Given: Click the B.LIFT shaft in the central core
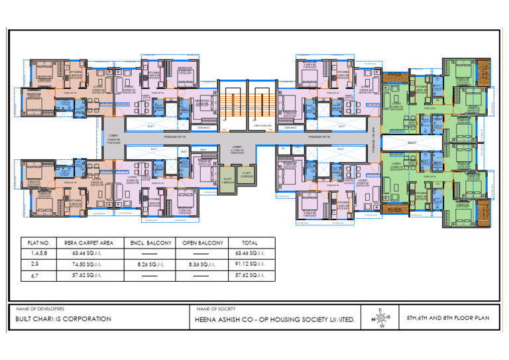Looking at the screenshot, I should [227, 180].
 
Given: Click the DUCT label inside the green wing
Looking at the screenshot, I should [411, 142].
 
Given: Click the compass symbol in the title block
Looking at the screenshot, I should [379, 318].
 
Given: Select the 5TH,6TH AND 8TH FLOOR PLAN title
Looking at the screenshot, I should [448, 318].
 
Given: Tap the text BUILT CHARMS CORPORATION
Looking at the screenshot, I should [63, 319].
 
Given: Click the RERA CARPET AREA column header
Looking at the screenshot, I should [85, 243].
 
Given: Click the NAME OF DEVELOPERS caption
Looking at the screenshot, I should [40, 309].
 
